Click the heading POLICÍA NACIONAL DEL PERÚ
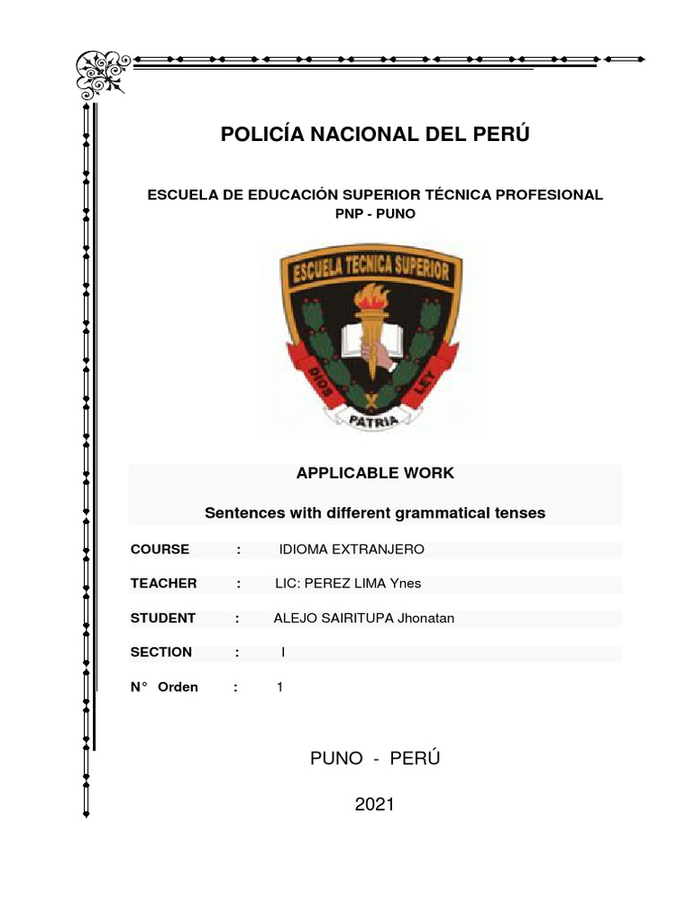coord(375,135)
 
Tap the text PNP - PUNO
coord(375,214)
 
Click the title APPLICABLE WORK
coord(375,473)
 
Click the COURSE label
coord(160,549)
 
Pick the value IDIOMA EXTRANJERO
coord(352,549)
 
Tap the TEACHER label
coord(163,583)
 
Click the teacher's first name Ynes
coord(405,584)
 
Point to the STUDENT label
coord(163,618)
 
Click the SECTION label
coord(161,652)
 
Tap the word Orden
coord(178,687)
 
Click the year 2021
coord(374,804)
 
